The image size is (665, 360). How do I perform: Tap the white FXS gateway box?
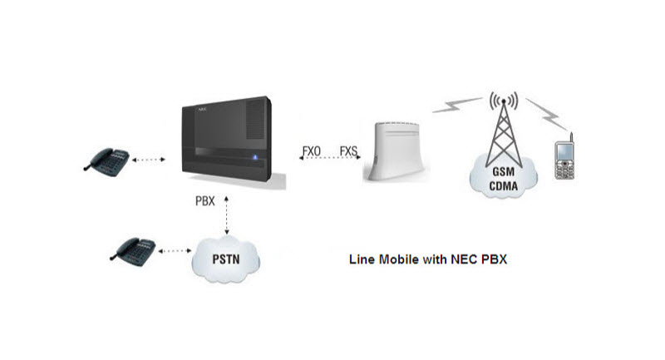pos(397,150)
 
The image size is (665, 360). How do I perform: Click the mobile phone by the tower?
pos(566,160)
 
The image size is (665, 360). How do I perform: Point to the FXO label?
pos(313,151)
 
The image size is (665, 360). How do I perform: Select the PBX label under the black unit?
pos(203,200)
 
